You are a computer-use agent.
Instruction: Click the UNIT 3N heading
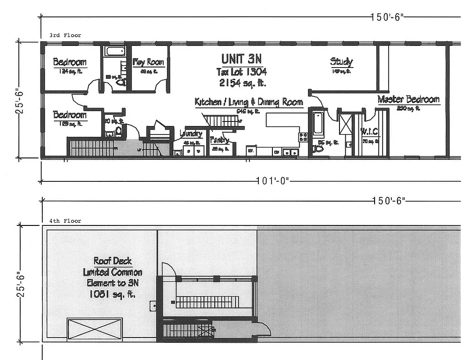tap(241, 59)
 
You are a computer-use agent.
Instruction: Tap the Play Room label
tap(148, 63)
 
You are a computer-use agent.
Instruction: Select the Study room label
tap(341, 62)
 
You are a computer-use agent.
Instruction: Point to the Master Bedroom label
tap(408, 99)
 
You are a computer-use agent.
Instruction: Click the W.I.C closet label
tap(370, 132)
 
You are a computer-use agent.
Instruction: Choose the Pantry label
tap(220, 140)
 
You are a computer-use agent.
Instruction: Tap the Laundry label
tap(191, 134)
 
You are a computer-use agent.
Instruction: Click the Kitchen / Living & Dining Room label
tap(249, 102)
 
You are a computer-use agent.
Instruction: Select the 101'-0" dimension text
tap(272, 181)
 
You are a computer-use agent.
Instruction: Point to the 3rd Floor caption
tap(66, 35)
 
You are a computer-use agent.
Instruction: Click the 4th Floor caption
tap(66, 221)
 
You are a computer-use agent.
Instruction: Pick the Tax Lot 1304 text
tap(242, 72)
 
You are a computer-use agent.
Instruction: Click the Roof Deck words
tap(112, 261)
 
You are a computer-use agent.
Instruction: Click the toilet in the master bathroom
tap(318, 148)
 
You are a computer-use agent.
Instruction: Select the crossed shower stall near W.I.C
tap(346, 122)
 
